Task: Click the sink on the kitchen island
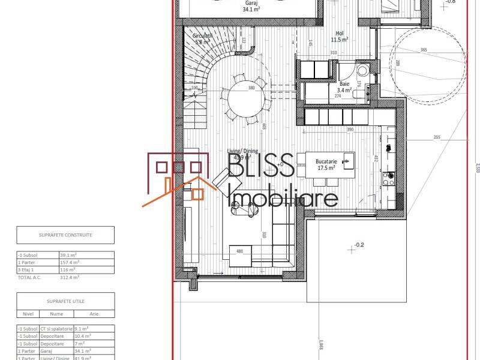347,161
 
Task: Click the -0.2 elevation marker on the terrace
359,245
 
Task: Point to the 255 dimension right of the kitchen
436,137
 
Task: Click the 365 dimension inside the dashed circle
424,50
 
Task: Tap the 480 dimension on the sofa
239,251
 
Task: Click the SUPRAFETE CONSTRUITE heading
65,235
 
